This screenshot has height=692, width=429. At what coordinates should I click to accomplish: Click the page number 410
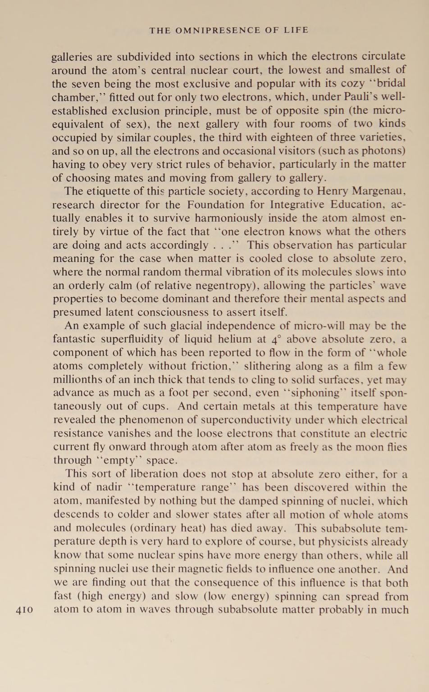click(x=24, y=610)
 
